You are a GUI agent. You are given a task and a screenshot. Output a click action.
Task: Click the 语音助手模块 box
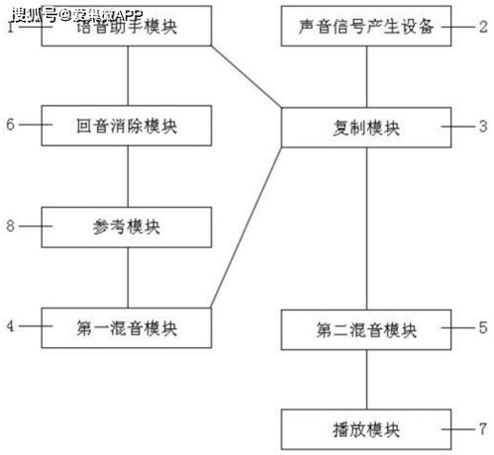[x=128, y=27]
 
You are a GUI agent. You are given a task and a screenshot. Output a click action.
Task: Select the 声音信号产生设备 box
[x=366, y=27]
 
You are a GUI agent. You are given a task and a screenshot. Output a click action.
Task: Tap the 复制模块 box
[x=366, y=128]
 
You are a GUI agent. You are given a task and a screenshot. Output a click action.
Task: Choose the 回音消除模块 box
[x=128, y=126]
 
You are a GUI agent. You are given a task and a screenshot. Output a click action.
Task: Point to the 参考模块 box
[x=128, y=227]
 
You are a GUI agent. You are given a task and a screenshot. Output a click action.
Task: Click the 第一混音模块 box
[x=128, y=326]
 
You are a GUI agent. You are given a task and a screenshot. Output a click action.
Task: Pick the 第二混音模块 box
[x=366, y=326]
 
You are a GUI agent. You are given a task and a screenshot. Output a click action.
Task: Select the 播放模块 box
[x=366, y=429]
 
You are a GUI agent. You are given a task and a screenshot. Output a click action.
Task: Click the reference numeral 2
[x=483, y=27]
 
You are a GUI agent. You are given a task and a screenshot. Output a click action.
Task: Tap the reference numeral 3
[x=483, y=128]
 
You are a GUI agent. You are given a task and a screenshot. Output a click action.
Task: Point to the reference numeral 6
[x=9, y=126]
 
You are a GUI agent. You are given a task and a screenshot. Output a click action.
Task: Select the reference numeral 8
[x=9, y=227]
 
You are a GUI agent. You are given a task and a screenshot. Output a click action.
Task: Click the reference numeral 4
[x=9, y=326]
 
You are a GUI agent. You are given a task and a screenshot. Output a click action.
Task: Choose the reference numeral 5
[x=483, y=326]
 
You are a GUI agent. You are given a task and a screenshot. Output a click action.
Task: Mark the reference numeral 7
[x=483, y=429]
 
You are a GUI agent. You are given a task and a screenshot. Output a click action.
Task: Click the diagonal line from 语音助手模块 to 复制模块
[x=247, y=77]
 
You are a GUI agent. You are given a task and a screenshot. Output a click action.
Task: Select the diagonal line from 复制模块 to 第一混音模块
[x=247, y=227]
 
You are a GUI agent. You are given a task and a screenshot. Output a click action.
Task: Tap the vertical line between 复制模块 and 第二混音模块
[x=366, y=227]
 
